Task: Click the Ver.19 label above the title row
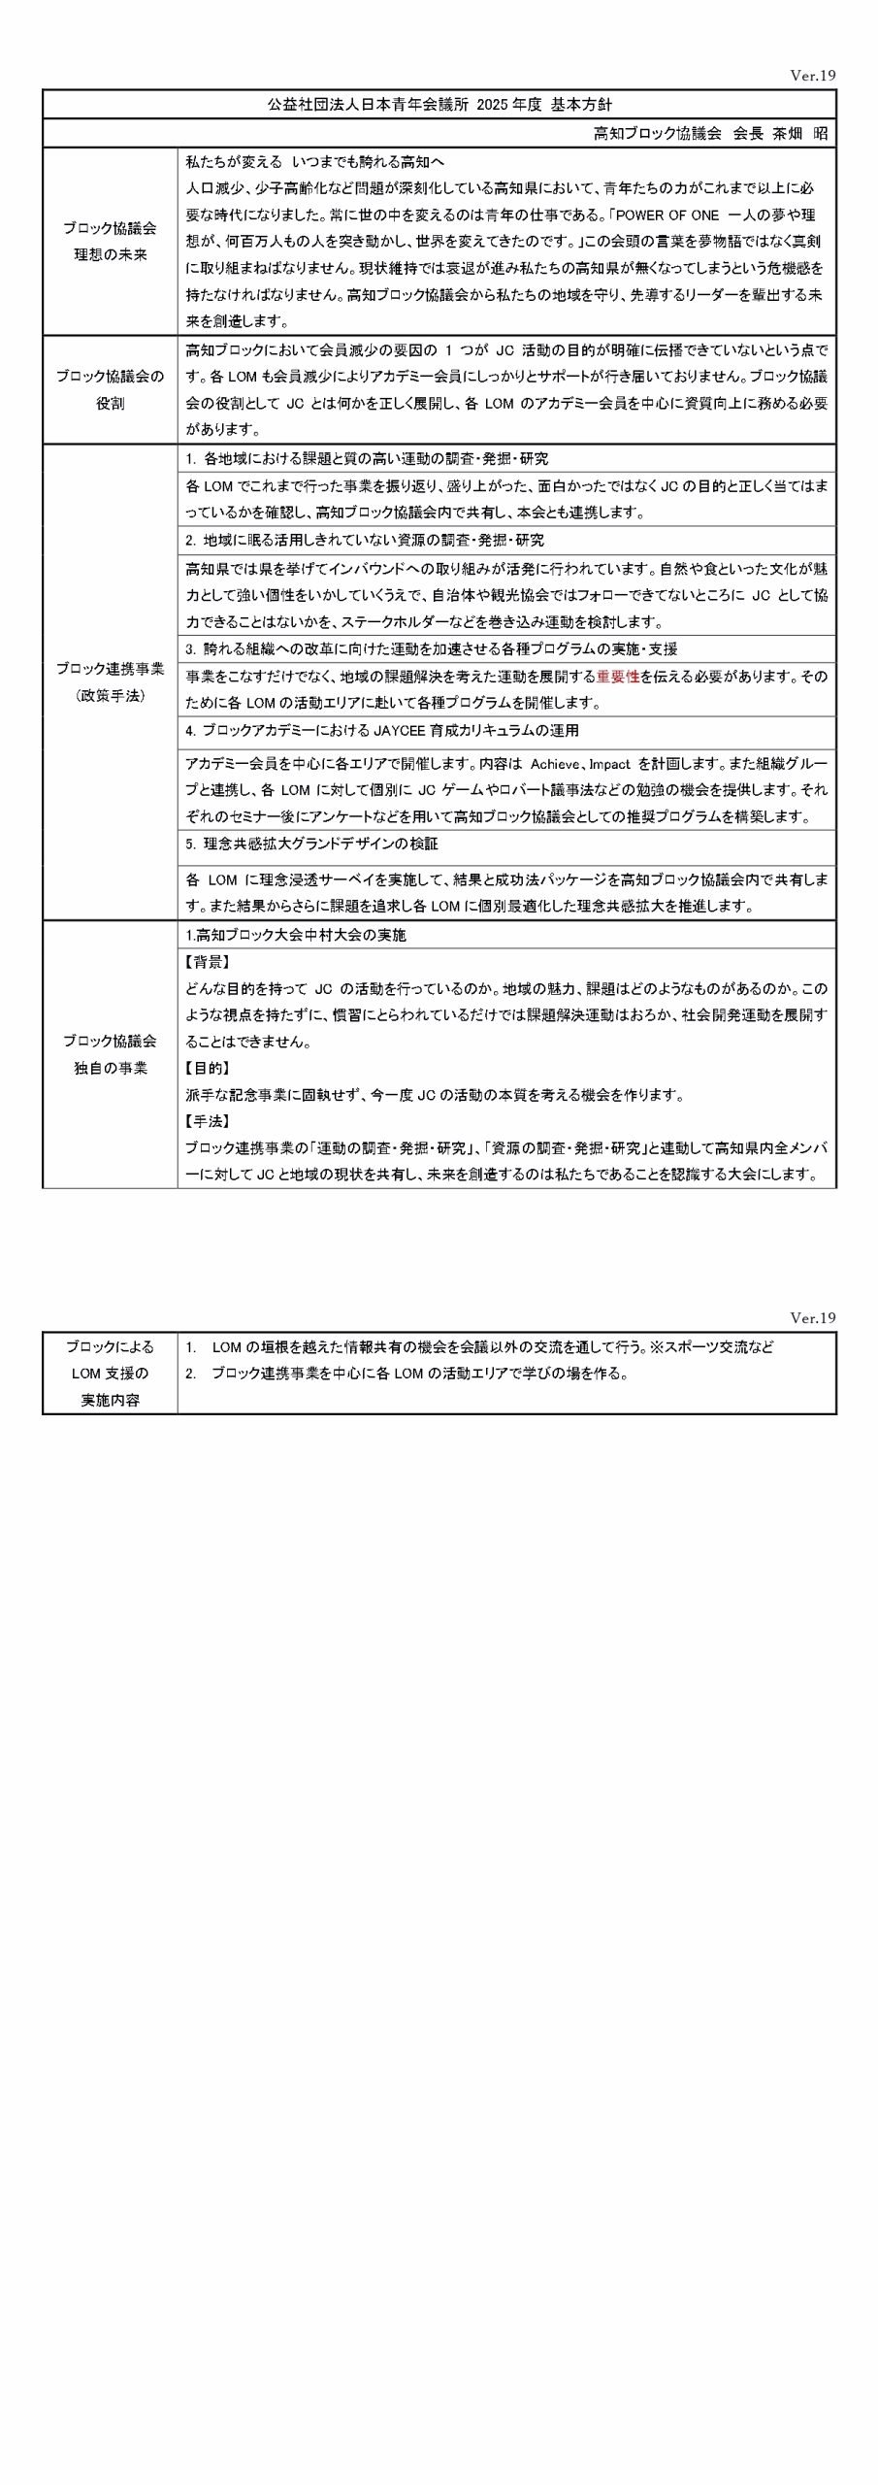(x=813, y=76)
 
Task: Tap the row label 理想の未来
(x=110, y=255)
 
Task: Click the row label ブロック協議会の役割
(x=110, y=389)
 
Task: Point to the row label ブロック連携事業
(x=110, y=669)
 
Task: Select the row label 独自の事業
(x=110, y=1068)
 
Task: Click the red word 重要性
(x=617, y=677)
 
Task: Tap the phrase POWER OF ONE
(x=665, y=215)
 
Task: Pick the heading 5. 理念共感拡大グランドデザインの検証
(x=311, y=845)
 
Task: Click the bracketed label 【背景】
(x=207, y=962)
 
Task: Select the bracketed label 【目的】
(x=207, y=1068)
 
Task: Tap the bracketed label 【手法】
(x=207, y=1121)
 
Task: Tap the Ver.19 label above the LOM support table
(x=813, y=1318)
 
